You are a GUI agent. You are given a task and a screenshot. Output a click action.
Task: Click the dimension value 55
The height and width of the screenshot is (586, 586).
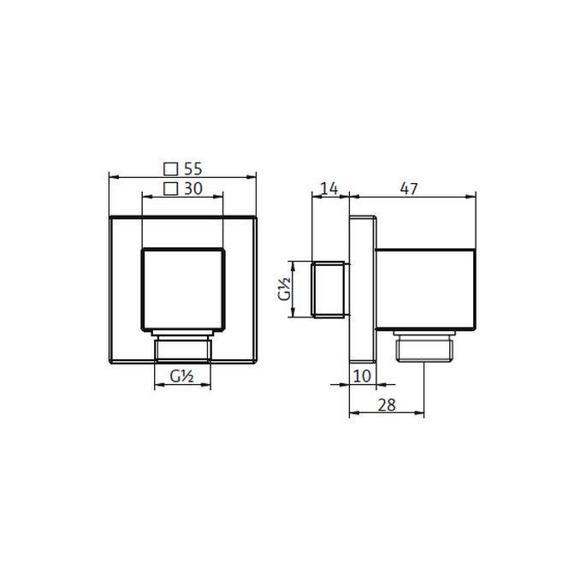pyautogui.click(x=192, y=169)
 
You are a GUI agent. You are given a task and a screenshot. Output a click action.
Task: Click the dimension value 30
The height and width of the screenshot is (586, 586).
pyautogui.click(x=192, y=189)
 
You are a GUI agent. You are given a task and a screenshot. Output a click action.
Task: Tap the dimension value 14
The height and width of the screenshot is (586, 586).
pyautogui.click(x=329, y=189)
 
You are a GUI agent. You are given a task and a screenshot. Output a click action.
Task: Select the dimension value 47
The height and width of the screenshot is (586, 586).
pyautogui.click(x=409, y=189)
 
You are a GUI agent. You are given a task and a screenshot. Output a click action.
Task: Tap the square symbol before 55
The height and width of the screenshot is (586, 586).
pyautogui.click(x=170, y=169)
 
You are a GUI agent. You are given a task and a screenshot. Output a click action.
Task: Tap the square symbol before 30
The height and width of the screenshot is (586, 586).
pyautogui.click(x=170, y=189)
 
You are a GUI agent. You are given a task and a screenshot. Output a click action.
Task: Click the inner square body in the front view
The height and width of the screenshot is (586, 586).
pyautogui.click(x=183, y=288)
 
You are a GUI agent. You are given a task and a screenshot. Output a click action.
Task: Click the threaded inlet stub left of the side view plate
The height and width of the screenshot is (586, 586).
pyautogui.click(x=330, y=290)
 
